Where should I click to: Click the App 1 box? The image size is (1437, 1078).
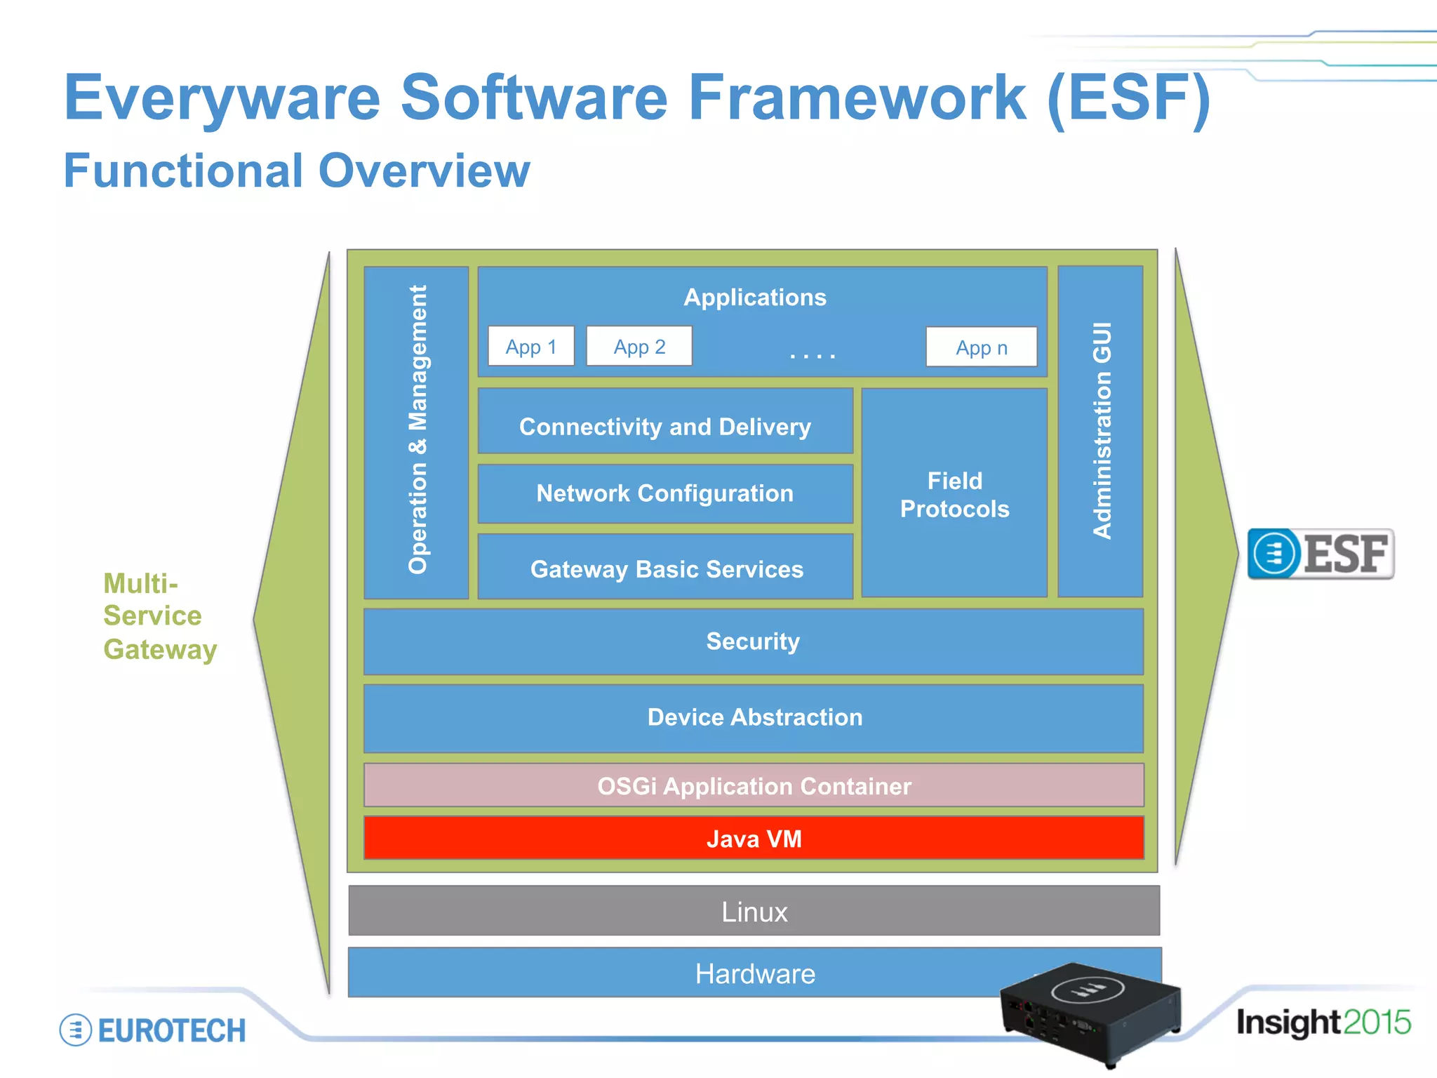click(531, 346)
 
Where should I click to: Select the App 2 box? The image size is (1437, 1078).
click(639, 346)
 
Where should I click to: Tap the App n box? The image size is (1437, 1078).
click(981, 347)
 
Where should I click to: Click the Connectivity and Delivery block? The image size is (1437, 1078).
click(664, 422)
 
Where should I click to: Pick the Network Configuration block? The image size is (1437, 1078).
click(664, 493)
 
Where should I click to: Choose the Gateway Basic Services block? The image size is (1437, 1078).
click(666, 567)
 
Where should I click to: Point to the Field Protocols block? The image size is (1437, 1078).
click(954, 493)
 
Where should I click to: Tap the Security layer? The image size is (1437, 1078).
click(753, 641)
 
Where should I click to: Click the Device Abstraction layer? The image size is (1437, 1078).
click(753, 718)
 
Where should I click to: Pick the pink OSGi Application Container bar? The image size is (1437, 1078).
click(753, 786)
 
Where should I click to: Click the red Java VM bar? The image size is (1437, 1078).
click(753, 839)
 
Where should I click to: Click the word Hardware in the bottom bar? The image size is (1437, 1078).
click(755, 974)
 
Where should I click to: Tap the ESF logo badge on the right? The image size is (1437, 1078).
click(1321, 554)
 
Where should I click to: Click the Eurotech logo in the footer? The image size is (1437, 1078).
click(153, 1030)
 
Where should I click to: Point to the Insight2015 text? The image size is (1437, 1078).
click(1323, 1023)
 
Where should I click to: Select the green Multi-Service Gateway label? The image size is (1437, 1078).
click(159, 616)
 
